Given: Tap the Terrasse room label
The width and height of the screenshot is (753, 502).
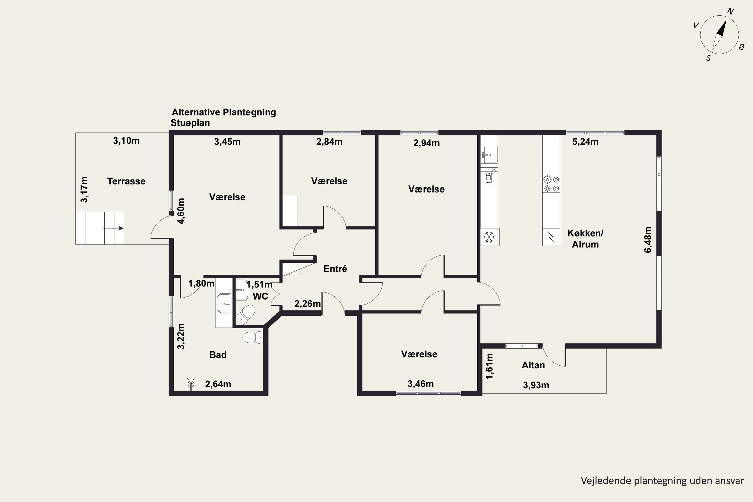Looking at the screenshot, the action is [126, 181].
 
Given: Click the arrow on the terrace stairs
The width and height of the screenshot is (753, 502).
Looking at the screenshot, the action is [114, 228].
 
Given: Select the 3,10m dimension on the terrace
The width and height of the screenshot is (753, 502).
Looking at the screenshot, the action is [126, 141].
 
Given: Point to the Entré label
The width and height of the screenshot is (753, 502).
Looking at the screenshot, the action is [335, 269].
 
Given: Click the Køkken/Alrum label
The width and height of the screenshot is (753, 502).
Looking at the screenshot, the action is [585, 239].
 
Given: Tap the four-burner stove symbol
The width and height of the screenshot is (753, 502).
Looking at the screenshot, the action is [551, 184].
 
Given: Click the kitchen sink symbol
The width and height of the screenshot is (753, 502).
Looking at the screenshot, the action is [489, 155].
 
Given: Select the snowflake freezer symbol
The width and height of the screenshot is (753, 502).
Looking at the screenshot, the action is [489, 237].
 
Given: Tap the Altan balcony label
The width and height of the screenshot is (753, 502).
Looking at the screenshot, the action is [533, 365].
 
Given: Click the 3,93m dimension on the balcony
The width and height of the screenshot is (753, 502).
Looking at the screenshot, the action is [536, 385].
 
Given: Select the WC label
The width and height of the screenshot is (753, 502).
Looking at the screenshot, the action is [260, 296].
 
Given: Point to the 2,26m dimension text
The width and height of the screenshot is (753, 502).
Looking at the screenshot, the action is [307, 303].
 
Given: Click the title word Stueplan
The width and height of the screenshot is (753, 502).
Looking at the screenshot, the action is [190, 123].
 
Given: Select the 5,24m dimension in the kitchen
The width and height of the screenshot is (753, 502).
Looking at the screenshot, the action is [585, 142].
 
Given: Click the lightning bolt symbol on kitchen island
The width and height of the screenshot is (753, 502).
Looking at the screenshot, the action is [551, 237].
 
